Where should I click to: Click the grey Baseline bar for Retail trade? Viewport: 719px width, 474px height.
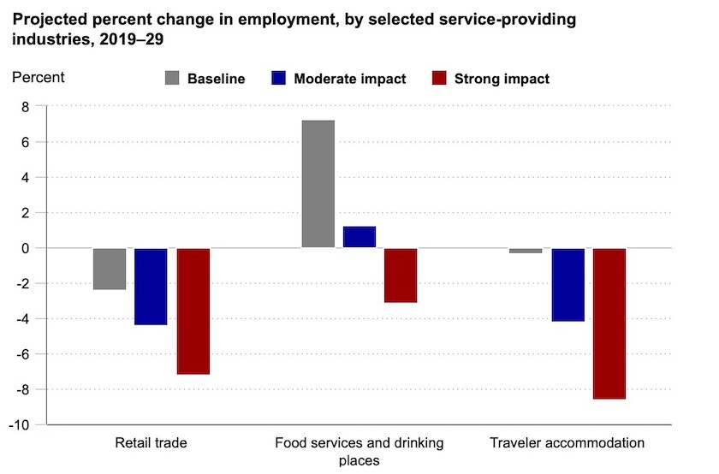tap(110, 269)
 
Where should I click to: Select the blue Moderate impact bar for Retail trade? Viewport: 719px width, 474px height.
tap(151, 287)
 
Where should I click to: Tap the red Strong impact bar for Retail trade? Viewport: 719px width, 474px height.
tap(193, 311)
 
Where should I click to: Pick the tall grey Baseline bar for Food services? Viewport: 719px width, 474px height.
tap(318, 184)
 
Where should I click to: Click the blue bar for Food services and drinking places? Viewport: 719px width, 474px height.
tap(359, 237)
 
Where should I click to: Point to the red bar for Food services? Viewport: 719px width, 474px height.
tap(401, 275)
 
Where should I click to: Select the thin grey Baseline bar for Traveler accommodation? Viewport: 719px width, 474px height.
tap(526, 251)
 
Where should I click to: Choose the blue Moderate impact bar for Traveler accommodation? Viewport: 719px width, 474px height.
tap(567, 284)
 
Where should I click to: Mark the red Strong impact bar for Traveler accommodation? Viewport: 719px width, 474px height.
tap(609, 323)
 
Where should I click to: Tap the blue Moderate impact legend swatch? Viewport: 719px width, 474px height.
tap(277, 79)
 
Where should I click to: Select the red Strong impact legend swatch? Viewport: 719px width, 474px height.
tap(440, 79)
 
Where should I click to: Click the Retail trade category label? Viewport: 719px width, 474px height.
tap(151, 443)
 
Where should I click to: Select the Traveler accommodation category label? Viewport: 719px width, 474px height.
tap(567, 443)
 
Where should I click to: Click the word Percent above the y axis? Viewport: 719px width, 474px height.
tap(38, 77)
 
